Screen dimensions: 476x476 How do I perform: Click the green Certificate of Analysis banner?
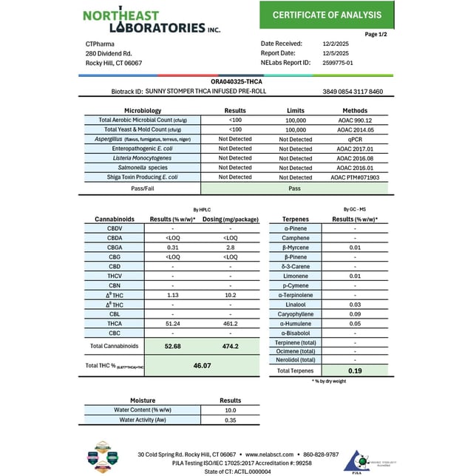(x=327, y=15)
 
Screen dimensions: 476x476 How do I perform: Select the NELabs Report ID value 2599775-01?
(x=339, y=63)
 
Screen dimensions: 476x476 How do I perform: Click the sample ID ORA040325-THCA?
(x=237, y=82)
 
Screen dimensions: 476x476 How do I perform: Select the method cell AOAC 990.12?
(x=357, y=120)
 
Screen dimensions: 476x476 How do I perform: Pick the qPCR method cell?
(x=357, y=139)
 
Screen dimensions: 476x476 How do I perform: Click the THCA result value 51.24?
(x=173, y=324)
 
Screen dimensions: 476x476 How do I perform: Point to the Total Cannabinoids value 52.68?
(x=173, y=346)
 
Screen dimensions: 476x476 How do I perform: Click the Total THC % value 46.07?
(x=203, y=365)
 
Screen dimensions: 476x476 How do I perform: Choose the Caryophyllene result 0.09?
(x=355, y=314)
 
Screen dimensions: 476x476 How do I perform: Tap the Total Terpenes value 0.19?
(x=355, y=371)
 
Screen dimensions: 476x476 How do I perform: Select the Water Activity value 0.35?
(x=230, y=420)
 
